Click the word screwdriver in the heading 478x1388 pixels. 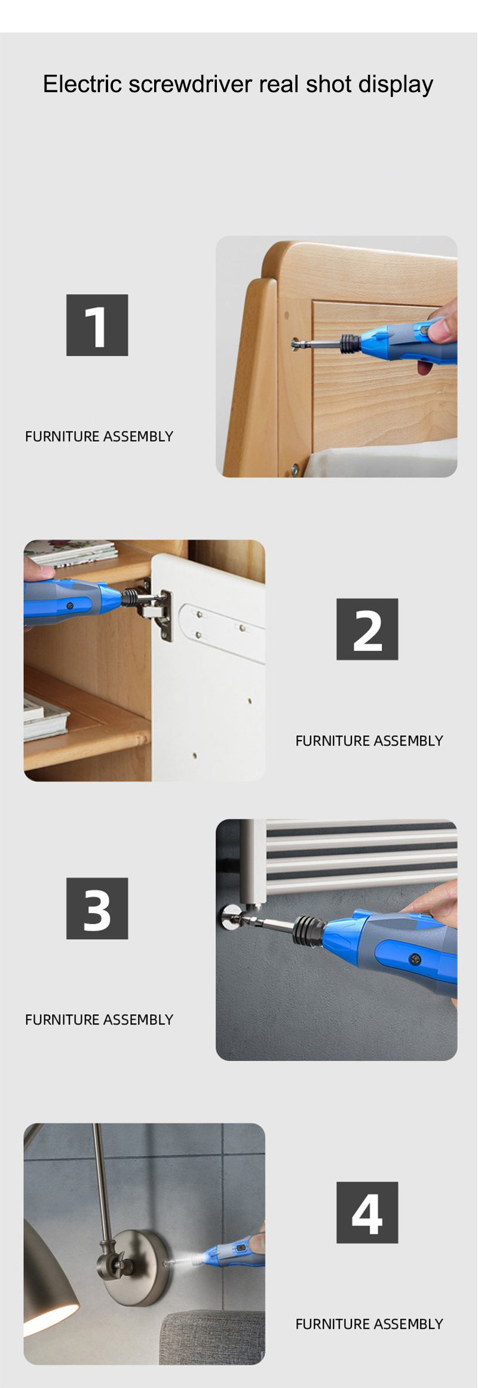pyautogui.click(x=189, y=84)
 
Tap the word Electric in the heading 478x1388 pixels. pyautogui.click(x=82, y=84)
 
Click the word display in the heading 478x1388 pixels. pyautogui.click(x=396, y=85)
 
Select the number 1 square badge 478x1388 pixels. pyautogui.click(x=97, y=325)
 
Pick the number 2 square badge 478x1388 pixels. pyautogui.click(x=367, y=629)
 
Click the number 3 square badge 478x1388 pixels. pyautogui.click(x=97, y=908)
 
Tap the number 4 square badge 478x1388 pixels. pyautogui.click(x=367, y=1212)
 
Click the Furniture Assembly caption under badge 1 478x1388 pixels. pyautogui.click(x=99, y=436)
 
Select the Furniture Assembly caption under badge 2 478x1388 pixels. pyautogui.click(x=369, y=741)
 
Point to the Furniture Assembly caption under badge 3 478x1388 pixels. pyautogui.click(x=99, y=1019)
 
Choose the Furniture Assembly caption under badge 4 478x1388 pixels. pyautogui.click(x=369, y=1324)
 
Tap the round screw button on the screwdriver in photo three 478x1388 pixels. pyautogui.click(x=415, y=960)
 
